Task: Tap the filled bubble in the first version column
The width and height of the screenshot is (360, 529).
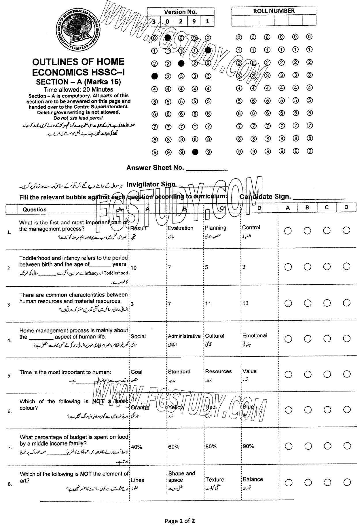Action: point(155,76)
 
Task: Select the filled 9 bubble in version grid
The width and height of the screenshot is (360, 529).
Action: point(195,152)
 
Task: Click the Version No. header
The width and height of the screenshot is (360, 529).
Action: point(181,12)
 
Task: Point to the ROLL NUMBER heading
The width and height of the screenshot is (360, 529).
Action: point(274,11)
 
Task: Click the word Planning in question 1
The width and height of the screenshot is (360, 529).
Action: point(215,228)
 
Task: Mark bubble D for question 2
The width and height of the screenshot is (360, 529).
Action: point(346,267)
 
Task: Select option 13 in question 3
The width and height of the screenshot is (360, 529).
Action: point(245,303)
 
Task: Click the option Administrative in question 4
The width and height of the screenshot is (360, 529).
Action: point(184,336)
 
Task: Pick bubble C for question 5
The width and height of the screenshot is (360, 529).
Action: point(327,374)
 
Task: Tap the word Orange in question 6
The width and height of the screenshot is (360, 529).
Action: point(140,407)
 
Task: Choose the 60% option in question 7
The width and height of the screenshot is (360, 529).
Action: point(174,447)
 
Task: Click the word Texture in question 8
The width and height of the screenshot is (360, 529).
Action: point(215,479)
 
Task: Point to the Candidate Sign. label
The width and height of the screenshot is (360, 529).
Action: point(265,197)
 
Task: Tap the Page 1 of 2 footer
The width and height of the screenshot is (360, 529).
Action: point(180,521)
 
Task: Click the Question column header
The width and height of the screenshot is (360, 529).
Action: point(35,209)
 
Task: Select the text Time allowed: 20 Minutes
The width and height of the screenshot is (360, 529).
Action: point(78,89)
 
